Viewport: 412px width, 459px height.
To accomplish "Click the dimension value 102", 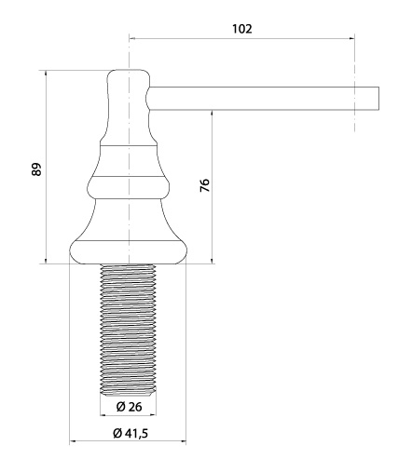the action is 242,29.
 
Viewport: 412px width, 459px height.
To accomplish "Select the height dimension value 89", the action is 36,169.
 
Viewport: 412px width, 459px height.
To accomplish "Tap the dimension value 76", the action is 204,185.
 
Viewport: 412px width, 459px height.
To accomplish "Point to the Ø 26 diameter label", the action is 129,406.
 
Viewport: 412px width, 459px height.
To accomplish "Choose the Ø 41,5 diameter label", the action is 130,433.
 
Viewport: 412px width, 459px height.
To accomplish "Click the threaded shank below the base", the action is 128,328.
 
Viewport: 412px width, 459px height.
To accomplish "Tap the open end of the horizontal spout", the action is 378,99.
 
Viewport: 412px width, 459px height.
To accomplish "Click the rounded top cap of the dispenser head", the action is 129,75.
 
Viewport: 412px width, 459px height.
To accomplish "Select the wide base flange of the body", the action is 128,252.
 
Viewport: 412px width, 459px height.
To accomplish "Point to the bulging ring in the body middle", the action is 128,187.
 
